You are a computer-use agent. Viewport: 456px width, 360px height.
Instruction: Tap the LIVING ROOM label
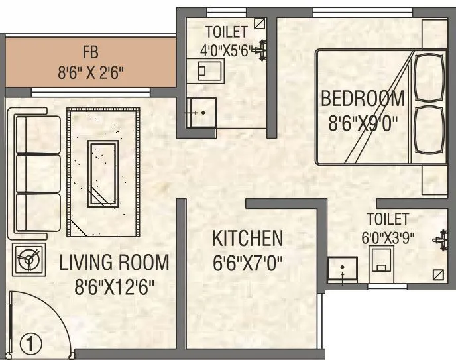tap(114, 262)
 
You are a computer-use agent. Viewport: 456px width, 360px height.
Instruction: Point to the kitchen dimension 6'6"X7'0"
tap(247, 263)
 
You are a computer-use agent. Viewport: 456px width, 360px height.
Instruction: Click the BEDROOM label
tap(362, 99)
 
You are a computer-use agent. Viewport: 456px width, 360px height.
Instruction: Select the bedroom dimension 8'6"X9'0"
tap(362, 123)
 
